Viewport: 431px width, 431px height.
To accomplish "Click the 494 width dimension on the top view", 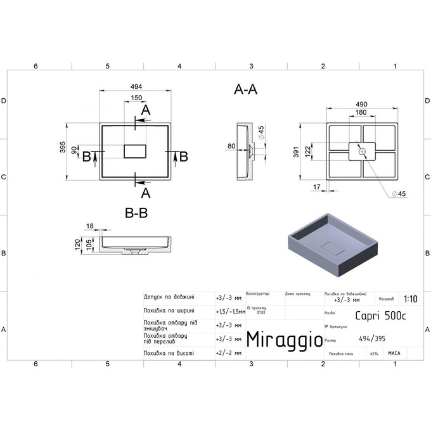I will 135,86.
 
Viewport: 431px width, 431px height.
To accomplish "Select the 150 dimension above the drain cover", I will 136,98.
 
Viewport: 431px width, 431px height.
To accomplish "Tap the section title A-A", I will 245,90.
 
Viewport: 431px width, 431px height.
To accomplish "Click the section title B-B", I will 136,214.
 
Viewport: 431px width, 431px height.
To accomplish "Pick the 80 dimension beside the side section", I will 232,146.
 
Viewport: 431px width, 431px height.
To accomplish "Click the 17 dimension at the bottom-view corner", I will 317,187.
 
